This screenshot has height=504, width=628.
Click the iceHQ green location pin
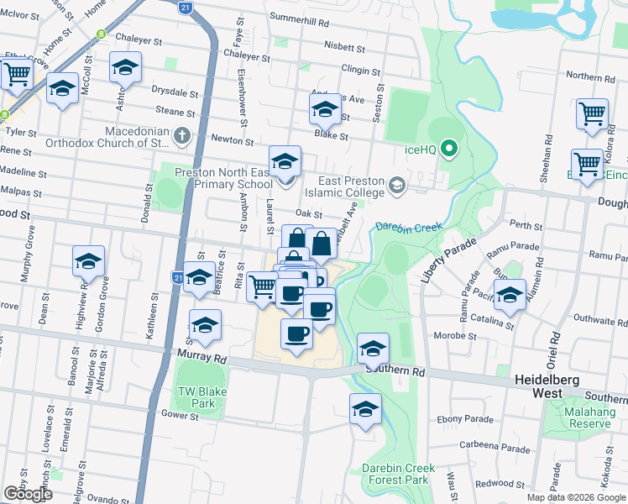449,150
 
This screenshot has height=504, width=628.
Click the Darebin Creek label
408,227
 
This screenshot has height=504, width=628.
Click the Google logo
28,493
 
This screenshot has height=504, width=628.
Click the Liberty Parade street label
446,260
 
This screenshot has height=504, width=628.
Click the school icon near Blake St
324,109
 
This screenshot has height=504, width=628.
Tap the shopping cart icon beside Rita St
263,286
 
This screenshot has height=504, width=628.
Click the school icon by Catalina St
510,295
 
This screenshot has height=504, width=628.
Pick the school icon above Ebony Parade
365,409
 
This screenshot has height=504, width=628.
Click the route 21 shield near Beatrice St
177,276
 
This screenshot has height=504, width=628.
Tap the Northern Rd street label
596,76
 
